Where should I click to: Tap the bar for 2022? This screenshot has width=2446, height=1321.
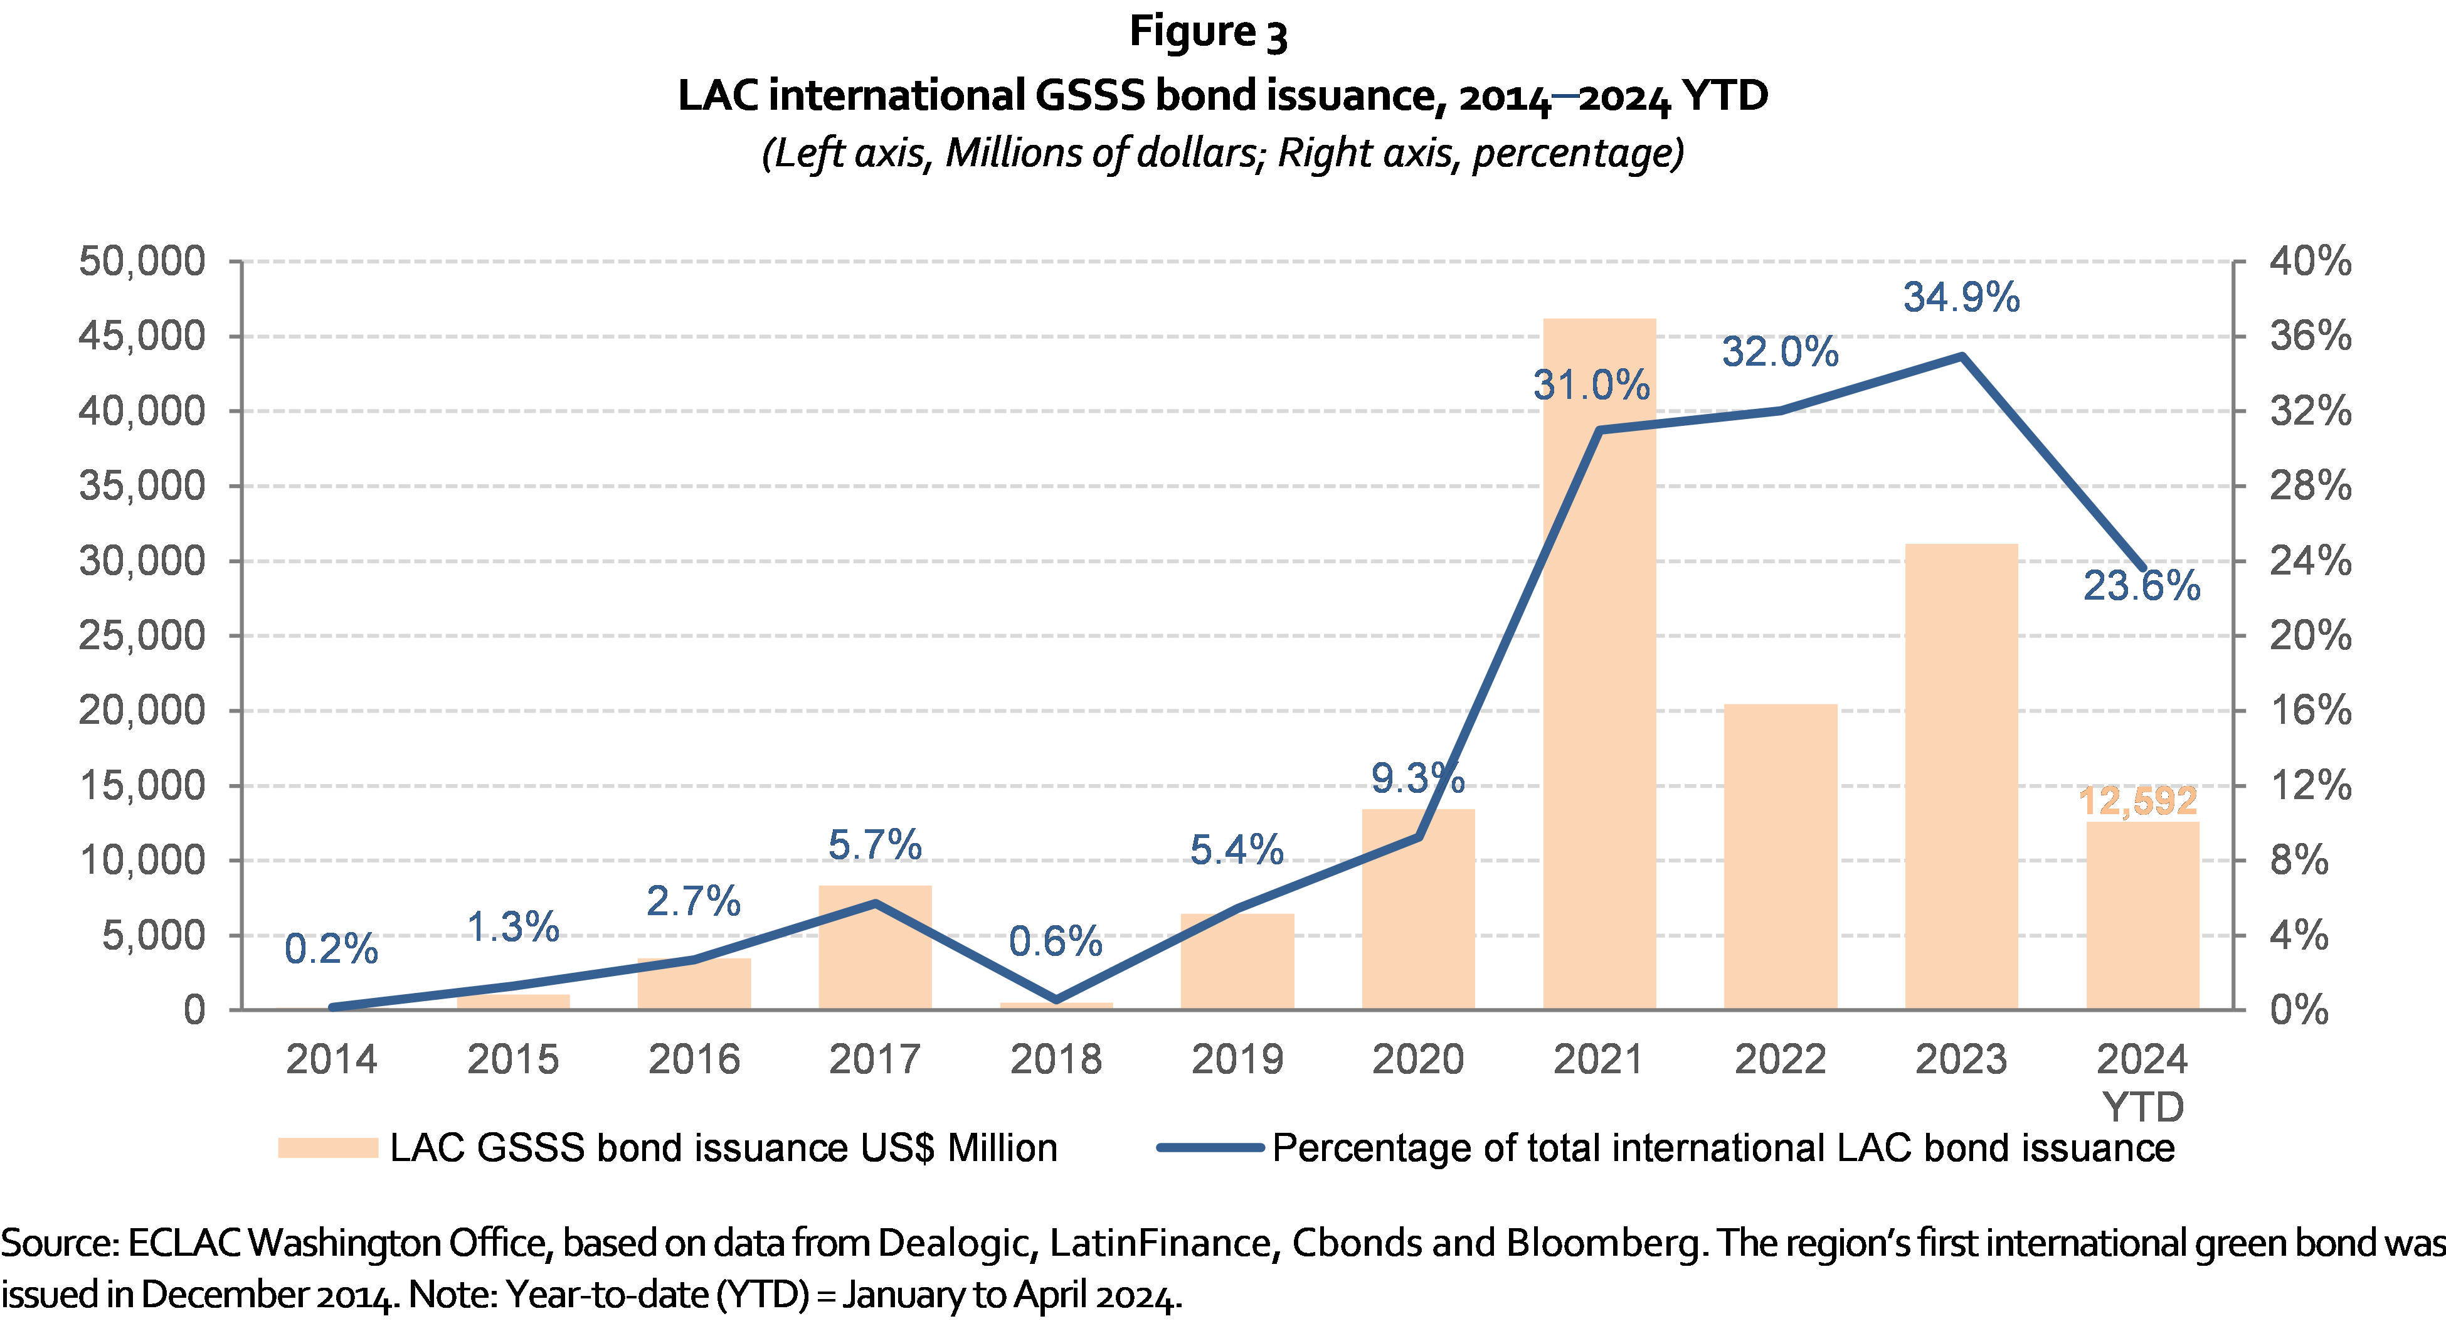pos(1781,856)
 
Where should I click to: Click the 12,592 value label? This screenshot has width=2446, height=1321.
pos(2137,800)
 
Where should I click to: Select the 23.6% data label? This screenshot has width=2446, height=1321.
pos(2141,586)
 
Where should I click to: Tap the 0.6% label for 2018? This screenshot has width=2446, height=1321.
pos(1055,941)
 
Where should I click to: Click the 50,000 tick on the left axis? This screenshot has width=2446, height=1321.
pos(142,261)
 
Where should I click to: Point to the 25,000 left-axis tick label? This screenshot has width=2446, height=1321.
pos(142,635)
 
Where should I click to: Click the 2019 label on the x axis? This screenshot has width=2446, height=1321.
pos(1236,1059)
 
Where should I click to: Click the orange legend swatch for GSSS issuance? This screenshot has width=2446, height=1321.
pos(327,1147)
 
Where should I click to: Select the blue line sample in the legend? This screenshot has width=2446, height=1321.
pos(1210,1147)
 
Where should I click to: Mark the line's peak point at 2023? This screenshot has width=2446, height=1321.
pos(1962,356)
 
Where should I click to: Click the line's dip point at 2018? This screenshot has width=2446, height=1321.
pos(1056,999)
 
